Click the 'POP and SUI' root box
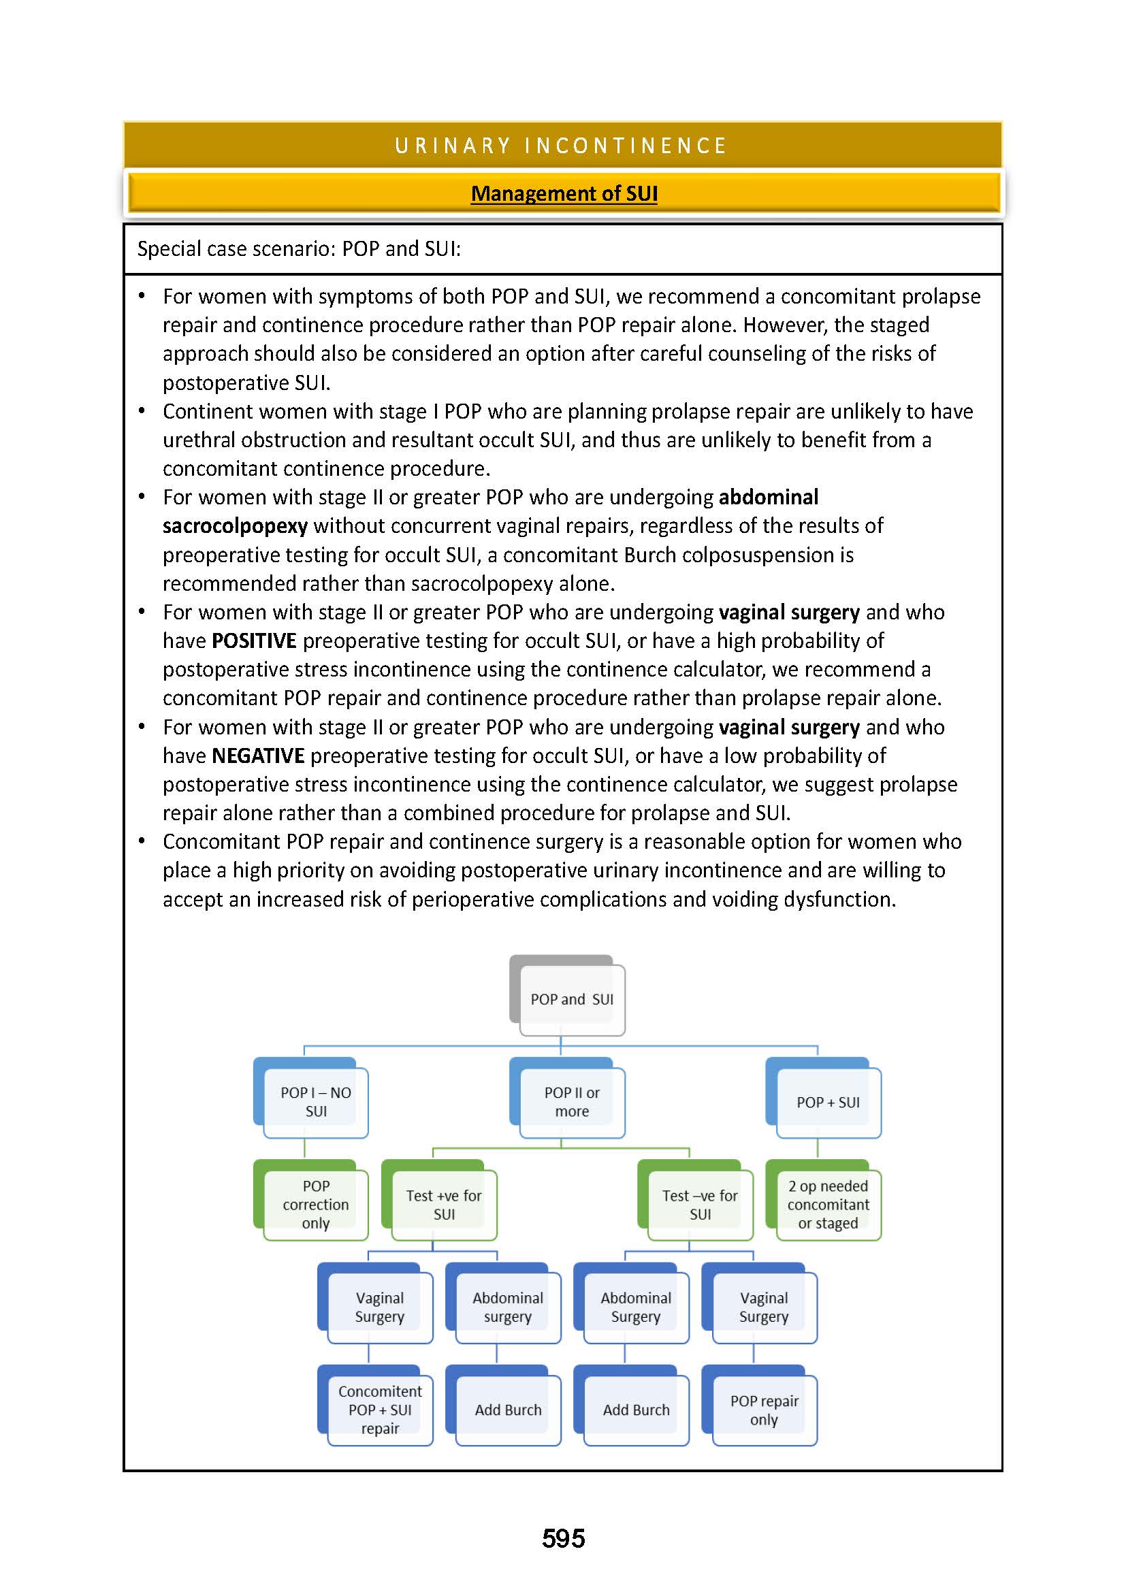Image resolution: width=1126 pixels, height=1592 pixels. coord(571,999)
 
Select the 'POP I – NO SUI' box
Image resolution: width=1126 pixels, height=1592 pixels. coord(315,1102)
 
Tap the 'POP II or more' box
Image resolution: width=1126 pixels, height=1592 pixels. coord(571,1102)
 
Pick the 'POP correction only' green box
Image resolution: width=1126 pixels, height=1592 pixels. coord(315,1205)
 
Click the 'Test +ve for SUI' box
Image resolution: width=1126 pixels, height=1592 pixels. coord(444,1205)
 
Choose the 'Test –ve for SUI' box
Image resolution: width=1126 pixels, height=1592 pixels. coord(700,1205)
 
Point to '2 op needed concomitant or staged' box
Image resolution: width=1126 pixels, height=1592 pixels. coord(828,1205)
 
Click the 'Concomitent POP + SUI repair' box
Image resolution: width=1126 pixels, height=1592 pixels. coord(380,1410)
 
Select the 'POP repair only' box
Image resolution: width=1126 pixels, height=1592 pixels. coord(764,1410)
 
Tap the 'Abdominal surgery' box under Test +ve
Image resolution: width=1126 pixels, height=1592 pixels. coord(508,1307)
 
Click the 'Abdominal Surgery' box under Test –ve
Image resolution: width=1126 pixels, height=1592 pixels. coord(636,1307)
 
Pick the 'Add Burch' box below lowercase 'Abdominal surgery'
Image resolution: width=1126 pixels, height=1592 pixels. coord(508,1410)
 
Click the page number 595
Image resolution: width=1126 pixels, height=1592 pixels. coord(563,1539)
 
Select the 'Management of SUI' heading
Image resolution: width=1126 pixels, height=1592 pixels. coord(564,193)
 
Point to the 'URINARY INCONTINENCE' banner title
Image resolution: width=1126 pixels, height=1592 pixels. coord(561,146)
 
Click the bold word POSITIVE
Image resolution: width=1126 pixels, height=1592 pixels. coord(254,640)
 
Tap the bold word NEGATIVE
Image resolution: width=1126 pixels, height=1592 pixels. coord(257,756)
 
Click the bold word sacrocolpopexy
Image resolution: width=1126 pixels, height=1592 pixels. coord(235,526)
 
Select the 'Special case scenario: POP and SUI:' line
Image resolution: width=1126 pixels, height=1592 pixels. coord(299,249)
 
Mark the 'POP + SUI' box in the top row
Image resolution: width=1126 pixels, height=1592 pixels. coord(828,1103)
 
